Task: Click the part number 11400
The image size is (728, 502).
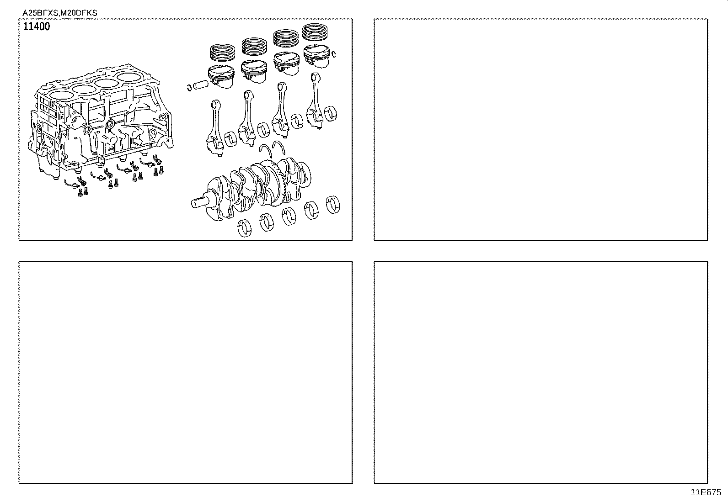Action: (37, 26)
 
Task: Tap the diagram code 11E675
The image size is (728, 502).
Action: (705, 492)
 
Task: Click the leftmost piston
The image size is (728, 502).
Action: (221, 75)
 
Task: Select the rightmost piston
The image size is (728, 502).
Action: (317, 56)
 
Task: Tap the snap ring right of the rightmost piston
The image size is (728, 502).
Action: (335, 54)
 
